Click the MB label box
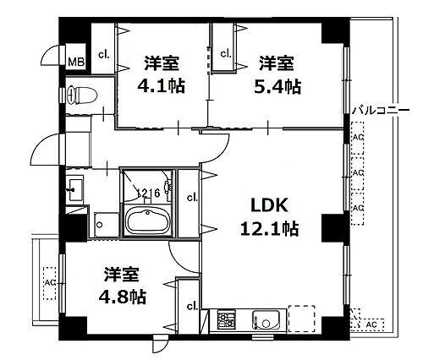76,60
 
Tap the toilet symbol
80,95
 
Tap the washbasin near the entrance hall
74,189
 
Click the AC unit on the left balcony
49,281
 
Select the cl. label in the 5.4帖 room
226,53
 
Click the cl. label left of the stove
192,306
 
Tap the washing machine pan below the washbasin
105,224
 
